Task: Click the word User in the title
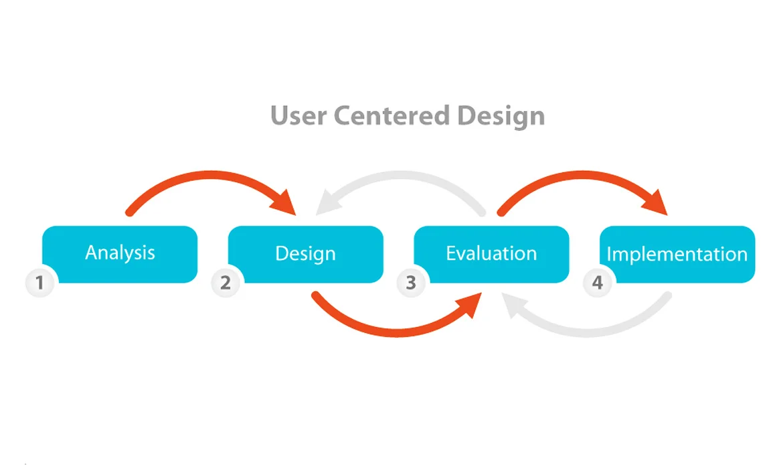point(298,115)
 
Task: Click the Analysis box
point(120,253)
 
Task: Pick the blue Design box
point(306,254)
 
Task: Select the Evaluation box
point(491,254)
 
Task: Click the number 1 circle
point(39,283)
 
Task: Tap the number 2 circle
point(225,283)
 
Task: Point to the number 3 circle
point(410,283)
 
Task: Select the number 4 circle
point(596,283)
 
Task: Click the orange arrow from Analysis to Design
point(201,176)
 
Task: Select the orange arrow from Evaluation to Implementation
point(576,176)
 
